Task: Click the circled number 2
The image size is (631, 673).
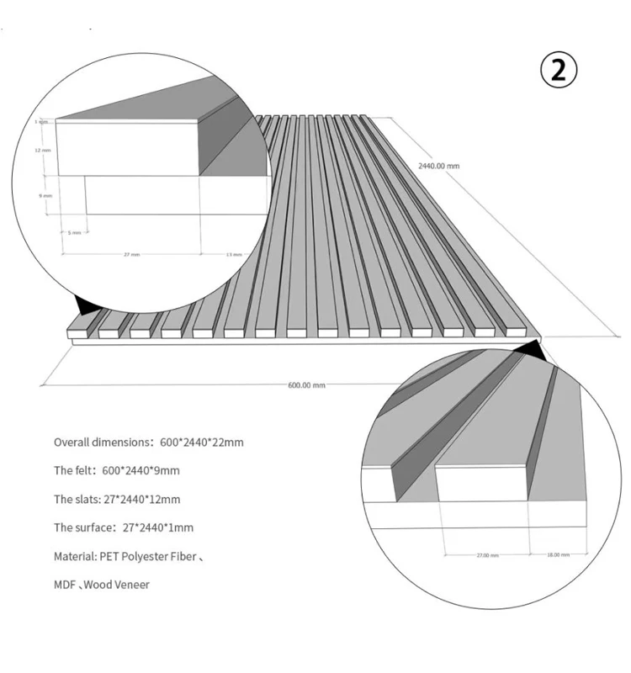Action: [559, 70]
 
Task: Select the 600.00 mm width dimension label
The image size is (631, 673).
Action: [306, 384]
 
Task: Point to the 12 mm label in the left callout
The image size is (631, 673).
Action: [43, 151]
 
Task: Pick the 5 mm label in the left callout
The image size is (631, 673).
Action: [75, 231]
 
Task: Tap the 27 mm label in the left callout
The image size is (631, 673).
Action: [131, 253]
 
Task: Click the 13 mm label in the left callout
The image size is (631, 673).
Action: [233, 253]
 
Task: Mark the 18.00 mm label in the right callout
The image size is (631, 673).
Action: [558, 554]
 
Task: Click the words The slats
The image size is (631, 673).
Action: [74, 499]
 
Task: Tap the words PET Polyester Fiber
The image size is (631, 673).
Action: [151, 556]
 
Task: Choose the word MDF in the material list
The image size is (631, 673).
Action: [64, 585]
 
